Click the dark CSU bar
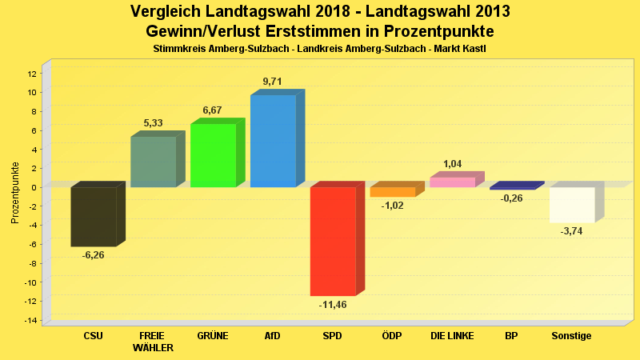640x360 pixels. [x=94, y=216]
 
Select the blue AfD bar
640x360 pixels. [x=273, y=142]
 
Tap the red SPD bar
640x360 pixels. [x=333, y=241]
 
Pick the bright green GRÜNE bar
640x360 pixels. [x=213, y=155]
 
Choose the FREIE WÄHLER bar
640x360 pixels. [x=153, y=162]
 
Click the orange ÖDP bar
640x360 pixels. [x=392, y=192]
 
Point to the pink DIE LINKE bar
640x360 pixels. [x=452, y=182]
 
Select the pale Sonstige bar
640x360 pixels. [x=571, y=205]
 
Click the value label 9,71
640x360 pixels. [x=272, y=82]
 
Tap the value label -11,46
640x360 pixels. [x=333, y=305]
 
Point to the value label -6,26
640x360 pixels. [x=94, y=255]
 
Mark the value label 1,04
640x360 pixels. [x=452, y=164]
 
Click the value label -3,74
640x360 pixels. [x=571, y=231]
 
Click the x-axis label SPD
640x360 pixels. [x=333, y=336]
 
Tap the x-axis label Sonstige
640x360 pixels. [x=571, y=336]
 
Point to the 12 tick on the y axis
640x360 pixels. [x=32, y=74]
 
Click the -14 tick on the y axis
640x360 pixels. [x=30, y=321]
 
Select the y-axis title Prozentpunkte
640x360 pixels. [x=15, y=193]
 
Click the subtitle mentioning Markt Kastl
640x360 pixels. [x=319, y=49]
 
